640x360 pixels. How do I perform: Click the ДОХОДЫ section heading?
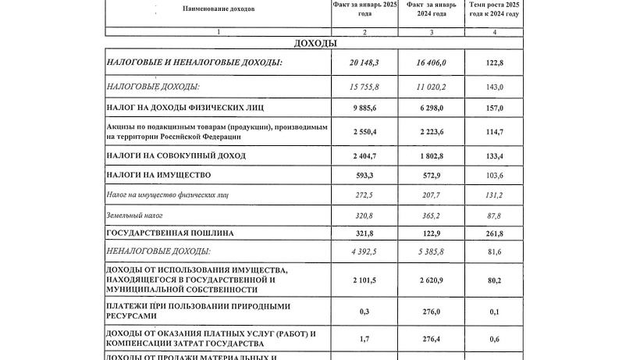click(315, 43)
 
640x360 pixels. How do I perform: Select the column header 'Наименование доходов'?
click(219, 9)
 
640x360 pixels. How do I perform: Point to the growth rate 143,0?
click(495, 87)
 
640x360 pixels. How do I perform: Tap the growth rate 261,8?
click(495, 233)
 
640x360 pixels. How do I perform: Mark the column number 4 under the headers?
click(495, 30)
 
